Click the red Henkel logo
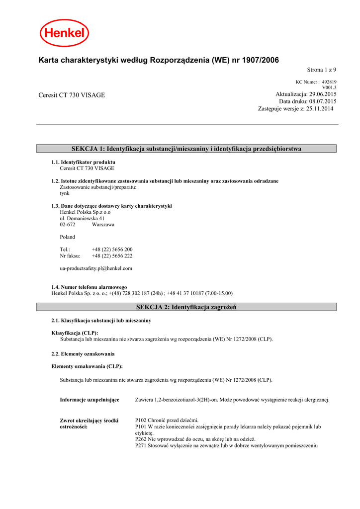(x=65, y=34)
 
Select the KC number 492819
(x=329, y=82)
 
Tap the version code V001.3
(x=329, y=87)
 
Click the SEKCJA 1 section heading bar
(x=186, y=149)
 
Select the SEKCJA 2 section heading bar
(x=186, y=307)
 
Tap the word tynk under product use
(x=65, y=193)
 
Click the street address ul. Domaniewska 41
(x=82, y=218)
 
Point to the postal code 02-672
(x=68, y=225)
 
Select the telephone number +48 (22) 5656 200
(x=112, y=250)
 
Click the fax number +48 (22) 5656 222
(x=112, y=256)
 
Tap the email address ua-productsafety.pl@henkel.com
(x=96, y=268)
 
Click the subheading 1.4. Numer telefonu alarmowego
(x=89, y=287)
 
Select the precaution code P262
(x=141, y=439)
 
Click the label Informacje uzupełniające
(x=90, y=400)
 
